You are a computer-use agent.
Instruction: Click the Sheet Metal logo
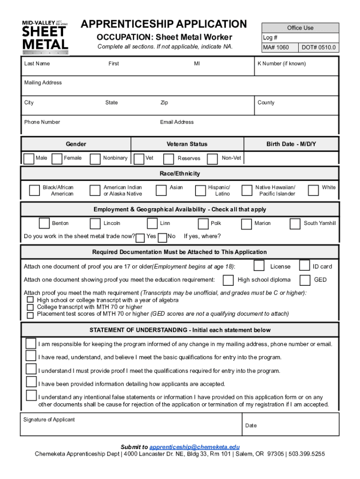point(45,36)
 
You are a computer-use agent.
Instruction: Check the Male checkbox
point(29,159)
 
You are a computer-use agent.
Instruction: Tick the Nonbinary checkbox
point(95,159)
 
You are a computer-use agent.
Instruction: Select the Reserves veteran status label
point(189,159)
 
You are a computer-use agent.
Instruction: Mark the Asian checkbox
point(161,189)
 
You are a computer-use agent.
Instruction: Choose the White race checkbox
point(313,189)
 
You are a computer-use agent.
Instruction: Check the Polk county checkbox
point(203,224)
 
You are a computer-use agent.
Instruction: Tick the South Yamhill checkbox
point(295,224)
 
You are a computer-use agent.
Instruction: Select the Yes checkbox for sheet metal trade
point(140,238)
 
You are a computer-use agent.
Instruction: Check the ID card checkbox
point(304,266)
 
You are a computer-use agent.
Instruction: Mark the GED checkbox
point(305,280)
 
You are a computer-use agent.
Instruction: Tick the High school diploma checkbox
point(228,280)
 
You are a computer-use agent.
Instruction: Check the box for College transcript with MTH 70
point(30,307)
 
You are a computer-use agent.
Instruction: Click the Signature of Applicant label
point(49,420)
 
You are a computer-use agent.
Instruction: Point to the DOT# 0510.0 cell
point(318,48)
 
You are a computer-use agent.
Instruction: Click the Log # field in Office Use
point(300,38)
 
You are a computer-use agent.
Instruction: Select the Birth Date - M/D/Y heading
point(291,144)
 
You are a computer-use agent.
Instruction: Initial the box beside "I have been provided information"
point(31,383)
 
